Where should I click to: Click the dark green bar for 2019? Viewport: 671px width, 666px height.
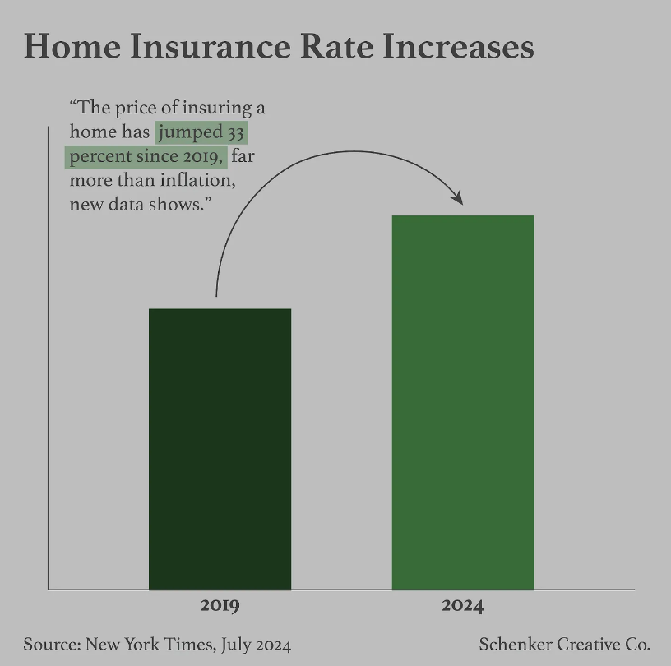(220, 449)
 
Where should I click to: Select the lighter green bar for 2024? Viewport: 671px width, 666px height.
(463, 402)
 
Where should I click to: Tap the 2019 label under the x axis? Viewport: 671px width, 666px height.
(220, 605)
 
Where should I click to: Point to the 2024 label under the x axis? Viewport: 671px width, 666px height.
(463, 605)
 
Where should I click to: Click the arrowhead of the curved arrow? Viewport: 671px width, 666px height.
(457, 198)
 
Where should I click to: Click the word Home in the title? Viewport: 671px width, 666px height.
(72, 46)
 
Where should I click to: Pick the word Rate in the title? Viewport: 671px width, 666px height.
(337, 46)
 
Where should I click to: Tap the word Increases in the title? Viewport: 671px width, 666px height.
(458, 46)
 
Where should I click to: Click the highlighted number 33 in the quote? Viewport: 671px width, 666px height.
(235, 132)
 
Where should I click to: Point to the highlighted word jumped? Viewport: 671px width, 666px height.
(191, 133)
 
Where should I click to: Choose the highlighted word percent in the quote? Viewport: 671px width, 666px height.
(100, 157)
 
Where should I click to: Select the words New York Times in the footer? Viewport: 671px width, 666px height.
(150, 644)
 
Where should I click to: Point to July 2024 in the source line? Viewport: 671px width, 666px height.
(256, 645)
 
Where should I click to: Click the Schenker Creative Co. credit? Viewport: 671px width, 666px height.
(564, 644)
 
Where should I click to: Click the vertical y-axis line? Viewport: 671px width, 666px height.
(49, 358)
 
